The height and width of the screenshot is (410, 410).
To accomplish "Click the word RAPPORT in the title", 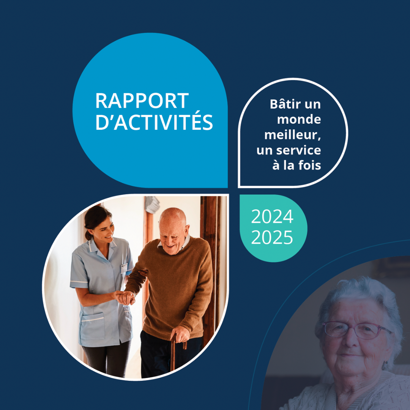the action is tap(142, 101).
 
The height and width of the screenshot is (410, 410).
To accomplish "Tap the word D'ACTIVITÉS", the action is tap(154, 122).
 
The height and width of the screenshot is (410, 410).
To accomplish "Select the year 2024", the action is tap(272, 217).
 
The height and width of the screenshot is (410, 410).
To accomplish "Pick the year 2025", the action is tap(272, 237).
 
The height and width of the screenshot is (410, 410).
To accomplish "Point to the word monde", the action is tap(299, 120).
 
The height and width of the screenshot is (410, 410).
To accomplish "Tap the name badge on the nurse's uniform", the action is tap(124, 268).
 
